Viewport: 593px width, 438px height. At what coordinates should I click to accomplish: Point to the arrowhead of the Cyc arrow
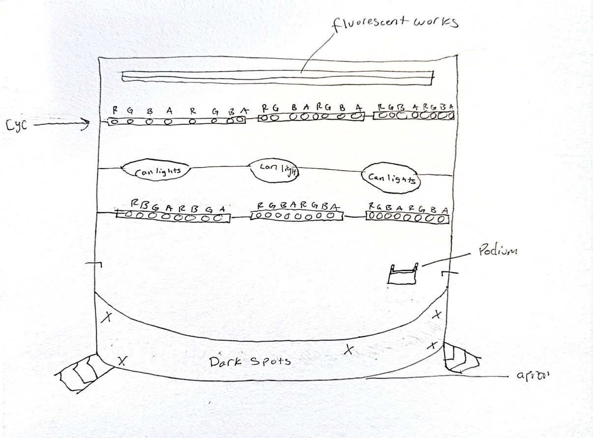click(x=88, y=125)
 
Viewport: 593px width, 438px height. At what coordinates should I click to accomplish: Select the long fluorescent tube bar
click(x=278, y=76)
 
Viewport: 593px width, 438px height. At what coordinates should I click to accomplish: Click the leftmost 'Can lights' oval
click(x=155, y=170)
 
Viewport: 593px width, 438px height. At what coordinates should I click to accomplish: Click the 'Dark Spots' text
click(x=250, y=362)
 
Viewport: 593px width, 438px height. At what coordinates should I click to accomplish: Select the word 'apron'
click(x=533, y=376)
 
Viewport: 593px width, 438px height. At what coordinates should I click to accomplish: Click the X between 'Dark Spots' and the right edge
click(x=349, y=350)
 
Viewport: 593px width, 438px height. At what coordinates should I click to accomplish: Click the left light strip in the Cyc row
click(x=176, y=120)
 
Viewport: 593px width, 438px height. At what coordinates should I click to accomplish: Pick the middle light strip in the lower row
click(x=296, y=215)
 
